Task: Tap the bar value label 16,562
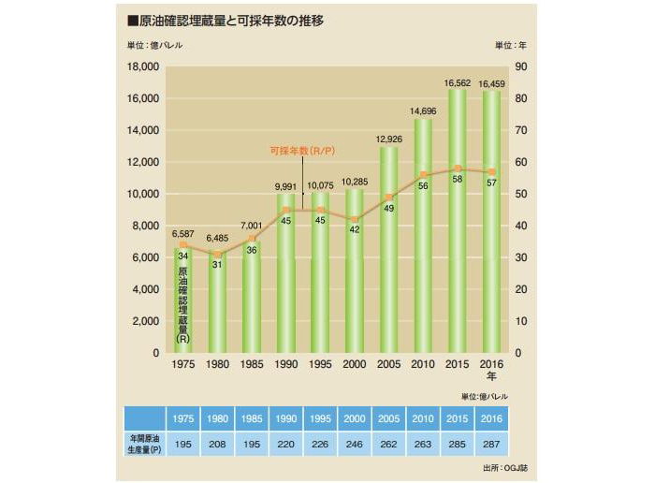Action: [x=457, y=83]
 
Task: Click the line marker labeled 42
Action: [x=354, y=219]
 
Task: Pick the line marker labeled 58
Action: [x=457, y=168]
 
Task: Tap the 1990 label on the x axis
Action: [x=285, y=365]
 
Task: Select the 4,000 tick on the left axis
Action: [x=147, y=289]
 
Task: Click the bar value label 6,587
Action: [x=182, y=234]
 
